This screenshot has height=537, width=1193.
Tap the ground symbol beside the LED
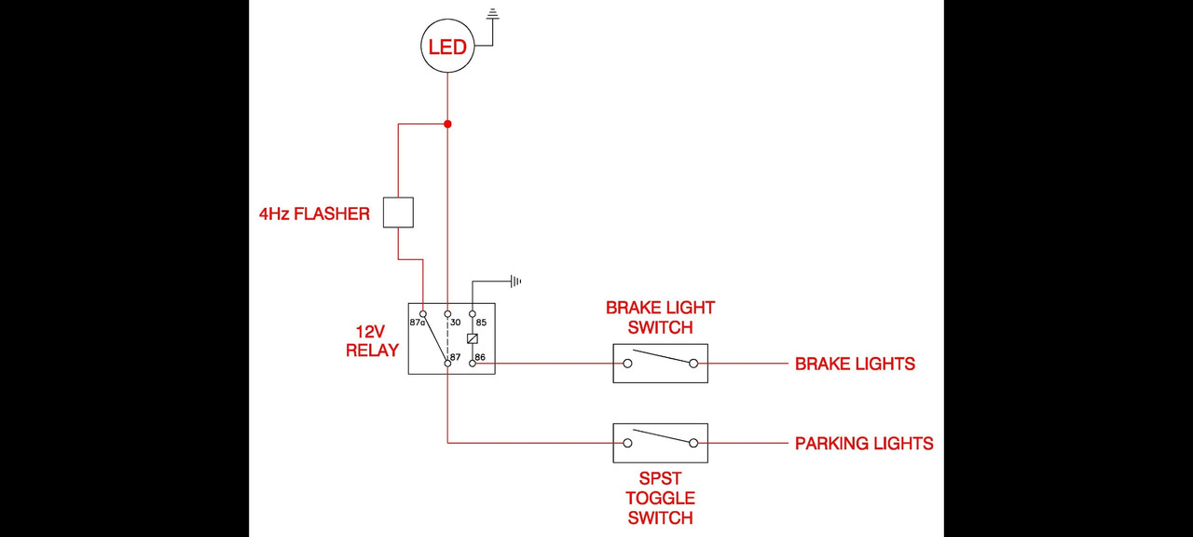click(494, 14)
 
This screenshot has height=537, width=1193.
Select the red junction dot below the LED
click(448, 124)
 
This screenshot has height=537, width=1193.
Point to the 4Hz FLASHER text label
click(314, 214)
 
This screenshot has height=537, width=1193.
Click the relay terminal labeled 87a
click(423, 314)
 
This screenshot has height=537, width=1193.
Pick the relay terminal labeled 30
click(448, 314)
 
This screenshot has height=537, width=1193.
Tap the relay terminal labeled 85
click(473, 314)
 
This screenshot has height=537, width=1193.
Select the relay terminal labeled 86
click(473, 364)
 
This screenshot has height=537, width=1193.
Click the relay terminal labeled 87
click(448, 364)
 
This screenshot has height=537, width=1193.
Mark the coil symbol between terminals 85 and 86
click(473, 338)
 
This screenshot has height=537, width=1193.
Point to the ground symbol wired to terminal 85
click(515, 282)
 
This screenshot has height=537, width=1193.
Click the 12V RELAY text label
click(372, 341)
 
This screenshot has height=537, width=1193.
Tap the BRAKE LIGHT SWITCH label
click(661, 318)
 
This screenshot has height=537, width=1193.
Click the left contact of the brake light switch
click(627, 364)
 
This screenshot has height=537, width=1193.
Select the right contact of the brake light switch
click(693, 364)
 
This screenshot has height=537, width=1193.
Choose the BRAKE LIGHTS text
click(855, 364)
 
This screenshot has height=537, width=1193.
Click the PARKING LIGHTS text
click(864, 443)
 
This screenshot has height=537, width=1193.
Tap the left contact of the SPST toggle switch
click(627, 443)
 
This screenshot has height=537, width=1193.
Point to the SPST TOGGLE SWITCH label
click(661, 498)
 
